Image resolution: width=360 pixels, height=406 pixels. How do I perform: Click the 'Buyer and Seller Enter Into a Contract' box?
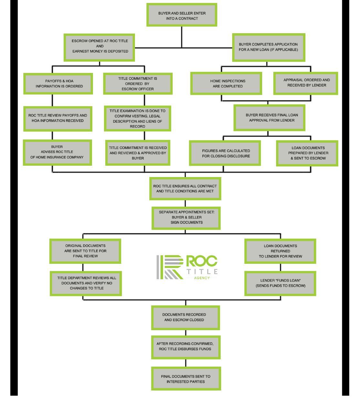[x=182, y=15]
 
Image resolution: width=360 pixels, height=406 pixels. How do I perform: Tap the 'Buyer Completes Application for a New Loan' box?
[x=268, y=47]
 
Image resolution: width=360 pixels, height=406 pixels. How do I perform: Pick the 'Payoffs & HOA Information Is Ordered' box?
[x=58, y=84]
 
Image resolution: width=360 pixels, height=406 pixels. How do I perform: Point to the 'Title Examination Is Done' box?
[x=138, y=119]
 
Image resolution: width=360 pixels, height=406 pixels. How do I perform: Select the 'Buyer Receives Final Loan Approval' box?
[x=270, y=118]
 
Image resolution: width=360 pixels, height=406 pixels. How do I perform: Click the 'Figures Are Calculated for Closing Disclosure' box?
[x=225, y=153]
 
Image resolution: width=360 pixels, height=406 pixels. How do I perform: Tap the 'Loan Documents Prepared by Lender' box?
[x=307, y=153]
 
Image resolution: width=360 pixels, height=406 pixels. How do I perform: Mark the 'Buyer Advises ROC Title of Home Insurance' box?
[x=57, y=152]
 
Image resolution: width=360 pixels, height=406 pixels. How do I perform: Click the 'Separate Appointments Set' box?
[x=186, y=217]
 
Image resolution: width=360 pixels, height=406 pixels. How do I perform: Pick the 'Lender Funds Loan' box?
[x=280, y=283]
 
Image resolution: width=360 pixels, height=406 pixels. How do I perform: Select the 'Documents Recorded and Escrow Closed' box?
[x=186, y=318]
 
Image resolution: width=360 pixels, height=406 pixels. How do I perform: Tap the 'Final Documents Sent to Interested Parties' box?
[x=186, y=379]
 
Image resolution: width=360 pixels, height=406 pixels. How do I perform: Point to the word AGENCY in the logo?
[x=202, y=278]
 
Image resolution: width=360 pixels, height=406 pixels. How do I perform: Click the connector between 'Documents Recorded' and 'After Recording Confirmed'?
[x=186, y=333]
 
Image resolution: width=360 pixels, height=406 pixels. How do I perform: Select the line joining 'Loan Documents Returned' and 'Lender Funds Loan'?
[x=280, y=267]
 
